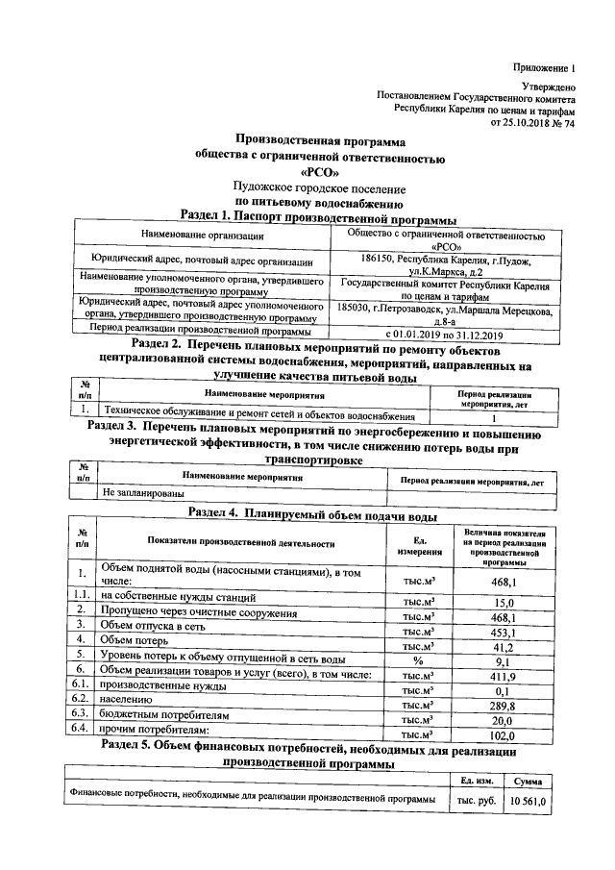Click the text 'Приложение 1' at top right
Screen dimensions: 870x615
click(543, 68)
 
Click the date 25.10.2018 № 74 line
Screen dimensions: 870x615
click(532, 124)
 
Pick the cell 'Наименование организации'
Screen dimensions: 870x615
click(201, 236)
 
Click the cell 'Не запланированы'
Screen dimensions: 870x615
click(144, 492)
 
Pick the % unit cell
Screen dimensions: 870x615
click(417, 662)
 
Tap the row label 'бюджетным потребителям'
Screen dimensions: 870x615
click(166, 719)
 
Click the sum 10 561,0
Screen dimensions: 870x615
click(528, 800)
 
